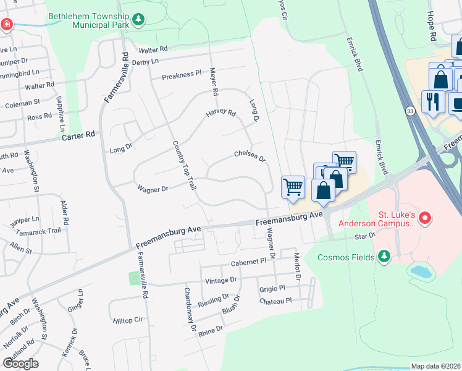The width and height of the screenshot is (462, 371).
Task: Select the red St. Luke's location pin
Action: click(424, 218)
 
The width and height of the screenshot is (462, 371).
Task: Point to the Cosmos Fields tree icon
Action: click(384, 256)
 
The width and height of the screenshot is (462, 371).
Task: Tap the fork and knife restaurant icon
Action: click(433, 101)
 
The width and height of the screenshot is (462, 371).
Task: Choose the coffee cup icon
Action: click(457, 103)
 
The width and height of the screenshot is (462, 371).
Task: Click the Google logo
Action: click(21, 364)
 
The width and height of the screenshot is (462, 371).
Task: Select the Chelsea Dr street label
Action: click(250, 155)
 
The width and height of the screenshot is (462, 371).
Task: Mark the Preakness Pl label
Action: click(182, 74)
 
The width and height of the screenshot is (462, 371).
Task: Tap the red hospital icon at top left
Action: click(6, 25)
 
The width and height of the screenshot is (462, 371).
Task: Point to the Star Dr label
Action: click(364, 236)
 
